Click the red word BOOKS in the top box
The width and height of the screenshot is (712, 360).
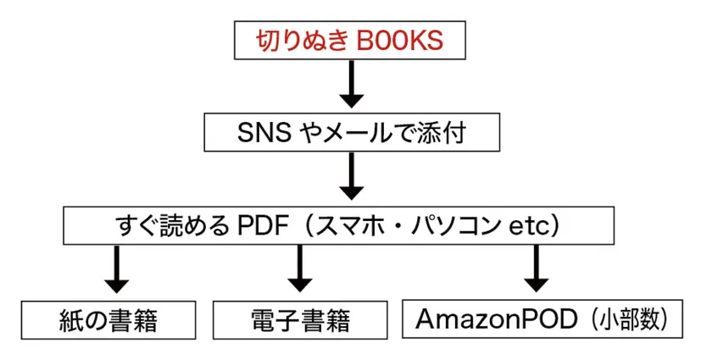tap(400, 41)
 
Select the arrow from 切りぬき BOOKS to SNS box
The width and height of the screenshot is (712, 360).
tap(352, 84)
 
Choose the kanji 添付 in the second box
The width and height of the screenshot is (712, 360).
tap(442, 133)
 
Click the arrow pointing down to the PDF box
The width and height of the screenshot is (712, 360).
tap(352, 175)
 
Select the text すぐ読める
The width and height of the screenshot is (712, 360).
tap(173, 225)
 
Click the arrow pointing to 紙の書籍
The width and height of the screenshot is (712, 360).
tap(117, 269)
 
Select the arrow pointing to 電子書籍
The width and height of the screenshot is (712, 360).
tap(299, 269)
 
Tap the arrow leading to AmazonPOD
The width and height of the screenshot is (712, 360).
tap(537, 269)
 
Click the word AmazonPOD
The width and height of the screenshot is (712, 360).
tap(496, 319)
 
